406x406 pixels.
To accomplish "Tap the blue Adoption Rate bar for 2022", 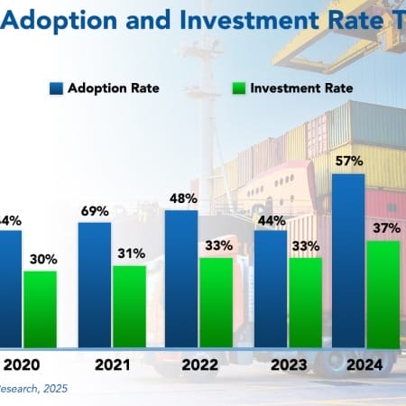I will click(182, 279).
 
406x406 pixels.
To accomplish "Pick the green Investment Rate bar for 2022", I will click(217, 302).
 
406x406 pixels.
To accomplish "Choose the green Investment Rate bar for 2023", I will click(305, 302).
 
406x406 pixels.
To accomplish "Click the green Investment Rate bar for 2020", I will click(41, 309).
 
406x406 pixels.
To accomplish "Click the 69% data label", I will click(95, 209).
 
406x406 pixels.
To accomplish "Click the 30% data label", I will click(41, 258).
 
